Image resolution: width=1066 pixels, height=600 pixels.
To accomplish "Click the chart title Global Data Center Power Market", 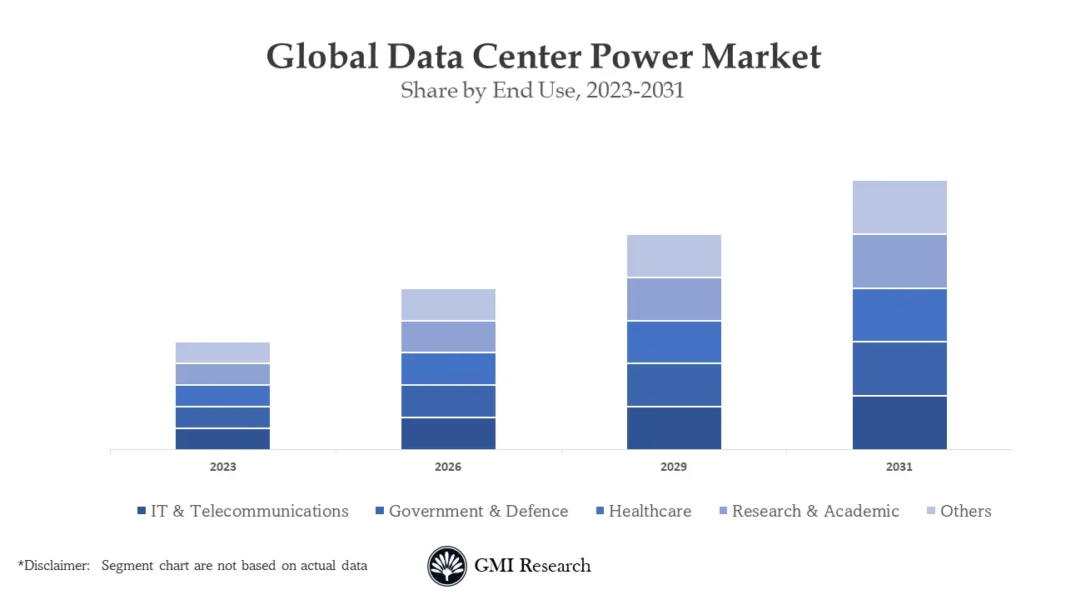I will point(543,57).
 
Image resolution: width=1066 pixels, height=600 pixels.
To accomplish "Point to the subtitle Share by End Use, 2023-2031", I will point(542,90).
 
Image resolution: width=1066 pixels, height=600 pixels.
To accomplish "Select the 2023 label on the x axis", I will point(222,467).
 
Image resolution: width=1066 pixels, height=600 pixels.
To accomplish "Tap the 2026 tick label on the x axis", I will point(448,467).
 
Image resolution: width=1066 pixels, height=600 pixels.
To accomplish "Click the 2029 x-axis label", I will point(674,467).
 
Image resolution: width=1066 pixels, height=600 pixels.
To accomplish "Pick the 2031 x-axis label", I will point(899,467).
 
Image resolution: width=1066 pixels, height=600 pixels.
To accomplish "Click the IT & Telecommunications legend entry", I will point(242,511).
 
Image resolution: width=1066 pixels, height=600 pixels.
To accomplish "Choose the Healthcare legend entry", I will point(643,511).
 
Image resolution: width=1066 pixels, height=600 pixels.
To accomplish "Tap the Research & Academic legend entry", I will point(809,511).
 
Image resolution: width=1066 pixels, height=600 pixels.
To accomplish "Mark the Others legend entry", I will point(959,511).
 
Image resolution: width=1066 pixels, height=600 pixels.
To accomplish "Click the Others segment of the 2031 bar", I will point(899,207).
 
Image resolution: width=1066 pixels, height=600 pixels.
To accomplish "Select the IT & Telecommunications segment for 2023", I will point(222,438).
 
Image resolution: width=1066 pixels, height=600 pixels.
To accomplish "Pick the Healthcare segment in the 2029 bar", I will point(674,342).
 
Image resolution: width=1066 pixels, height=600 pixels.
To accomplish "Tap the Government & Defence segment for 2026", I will point(448,401).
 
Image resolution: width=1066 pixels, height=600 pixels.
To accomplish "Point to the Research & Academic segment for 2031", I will point(899,261).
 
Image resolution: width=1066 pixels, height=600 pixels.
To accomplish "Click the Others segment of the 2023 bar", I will point(222,352).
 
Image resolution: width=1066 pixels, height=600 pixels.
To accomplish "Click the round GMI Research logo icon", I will point(447,566).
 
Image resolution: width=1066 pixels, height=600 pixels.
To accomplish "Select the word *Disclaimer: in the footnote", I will point(54,566).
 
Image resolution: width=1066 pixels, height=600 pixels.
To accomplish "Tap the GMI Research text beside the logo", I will point(532,566).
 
